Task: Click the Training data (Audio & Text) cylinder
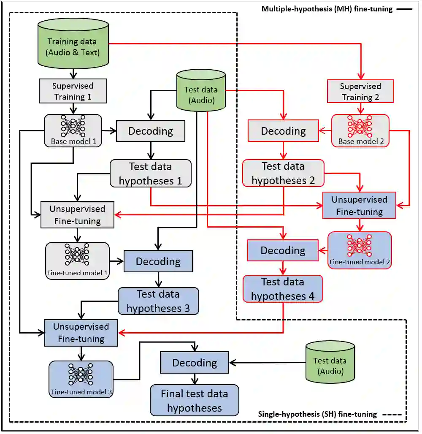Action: (73, 46)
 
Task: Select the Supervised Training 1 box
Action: (73, 91)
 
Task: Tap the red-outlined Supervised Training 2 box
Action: (360, 92)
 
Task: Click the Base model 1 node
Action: (73, 130)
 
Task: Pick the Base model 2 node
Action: (360, 130)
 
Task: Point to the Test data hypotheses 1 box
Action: (150, 174)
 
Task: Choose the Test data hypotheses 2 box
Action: (283, 173)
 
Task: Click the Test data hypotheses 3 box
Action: (158, 301)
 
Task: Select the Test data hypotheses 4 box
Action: (282, 289)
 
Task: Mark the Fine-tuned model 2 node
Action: (360, 250)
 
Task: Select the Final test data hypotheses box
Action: (194, 401)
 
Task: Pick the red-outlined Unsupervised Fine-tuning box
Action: (359, 206)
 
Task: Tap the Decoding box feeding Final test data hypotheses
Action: (194, 363)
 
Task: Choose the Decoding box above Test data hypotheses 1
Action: (150, 131)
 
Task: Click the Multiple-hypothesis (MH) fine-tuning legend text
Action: (327, 9)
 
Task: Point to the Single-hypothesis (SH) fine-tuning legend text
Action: (317, 414)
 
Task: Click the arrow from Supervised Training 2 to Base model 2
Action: (360, 108)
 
